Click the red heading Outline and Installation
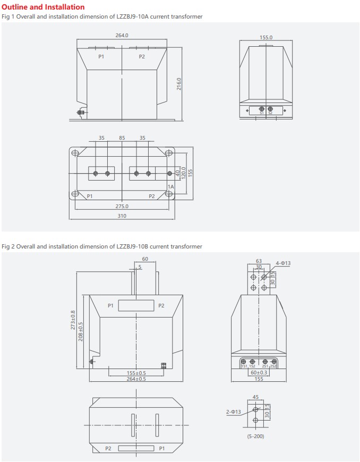pos(44,7)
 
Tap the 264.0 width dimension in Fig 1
pos(122,36)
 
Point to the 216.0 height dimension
pos(179,84)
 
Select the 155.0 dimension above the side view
pos(266,38)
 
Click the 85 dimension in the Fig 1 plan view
pos(122,138)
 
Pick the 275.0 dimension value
pos(122,206)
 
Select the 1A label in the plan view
pos(170,187)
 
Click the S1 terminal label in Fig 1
pos(262,113)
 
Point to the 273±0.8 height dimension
pos(73,320)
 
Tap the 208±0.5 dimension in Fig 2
pos(81,331)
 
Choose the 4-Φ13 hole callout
pos(283,263)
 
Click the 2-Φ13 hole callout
pos(234,412)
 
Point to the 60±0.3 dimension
pos(259,372)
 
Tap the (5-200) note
pos(255,436)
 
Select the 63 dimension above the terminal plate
pos(259,261)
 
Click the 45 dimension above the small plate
pos(255,396)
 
